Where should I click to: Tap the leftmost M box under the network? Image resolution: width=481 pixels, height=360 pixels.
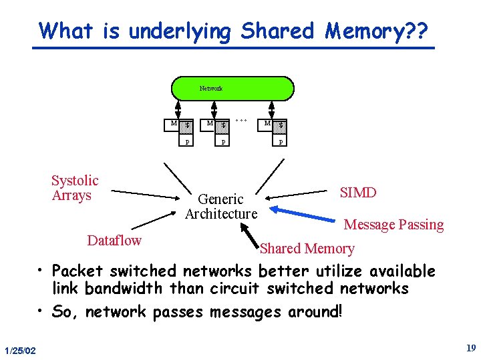coord(174,123)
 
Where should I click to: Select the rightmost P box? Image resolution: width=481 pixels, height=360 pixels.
coord(281,142)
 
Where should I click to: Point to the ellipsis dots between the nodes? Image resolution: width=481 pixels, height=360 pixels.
coord(243,121)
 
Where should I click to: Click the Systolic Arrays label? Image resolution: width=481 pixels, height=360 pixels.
coord(75,188)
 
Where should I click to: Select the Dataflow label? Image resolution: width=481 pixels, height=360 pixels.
coord(114,240)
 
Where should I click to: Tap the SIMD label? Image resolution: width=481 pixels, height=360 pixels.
coord(358,193)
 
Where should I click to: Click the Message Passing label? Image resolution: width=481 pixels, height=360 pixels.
coord(393,225)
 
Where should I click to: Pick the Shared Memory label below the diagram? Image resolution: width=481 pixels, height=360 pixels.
coord(307,249)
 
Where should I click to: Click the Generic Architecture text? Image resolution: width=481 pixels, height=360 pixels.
coord(221,206)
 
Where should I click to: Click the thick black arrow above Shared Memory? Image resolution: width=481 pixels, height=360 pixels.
coord(251,235)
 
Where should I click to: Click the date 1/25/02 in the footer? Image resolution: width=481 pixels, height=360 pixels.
coord(20,351)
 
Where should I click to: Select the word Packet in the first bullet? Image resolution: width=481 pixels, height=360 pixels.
coord(77,271)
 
